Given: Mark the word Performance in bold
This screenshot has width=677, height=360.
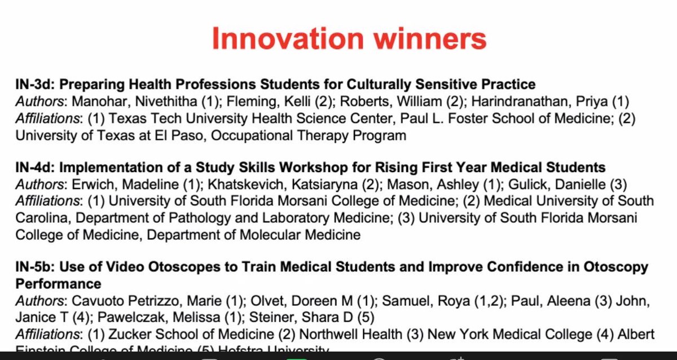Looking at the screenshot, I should tap(58, 283).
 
